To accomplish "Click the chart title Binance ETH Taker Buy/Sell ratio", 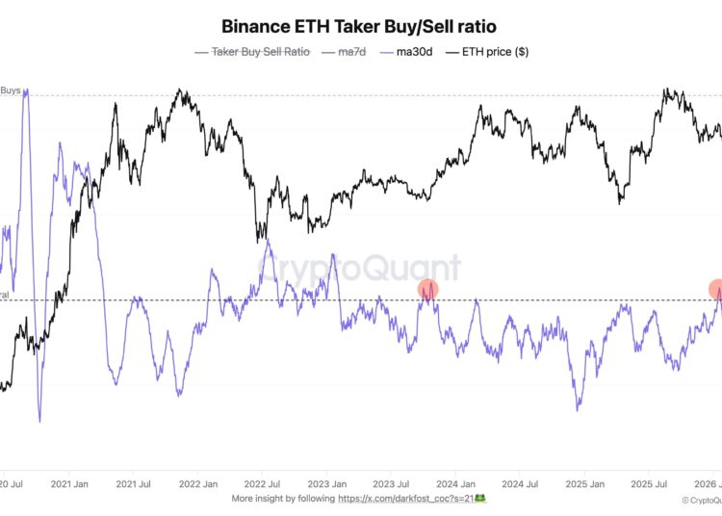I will coord(360,27).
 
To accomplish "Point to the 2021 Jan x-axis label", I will coord(71,484).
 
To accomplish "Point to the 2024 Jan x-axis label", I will coord(454,484).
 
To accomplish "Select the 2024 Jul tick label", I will coord(520,484).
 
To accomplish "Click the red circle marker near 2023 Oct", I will coord(427,289).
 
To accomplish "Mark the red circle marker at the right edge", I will coord(717,289).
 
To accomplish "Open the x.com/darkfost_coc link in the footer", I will coord(403,499).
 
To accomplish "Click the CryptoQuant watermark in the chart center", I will coord(359,267).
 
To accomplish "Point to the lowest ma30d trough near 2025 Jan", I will coord(578,409).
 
